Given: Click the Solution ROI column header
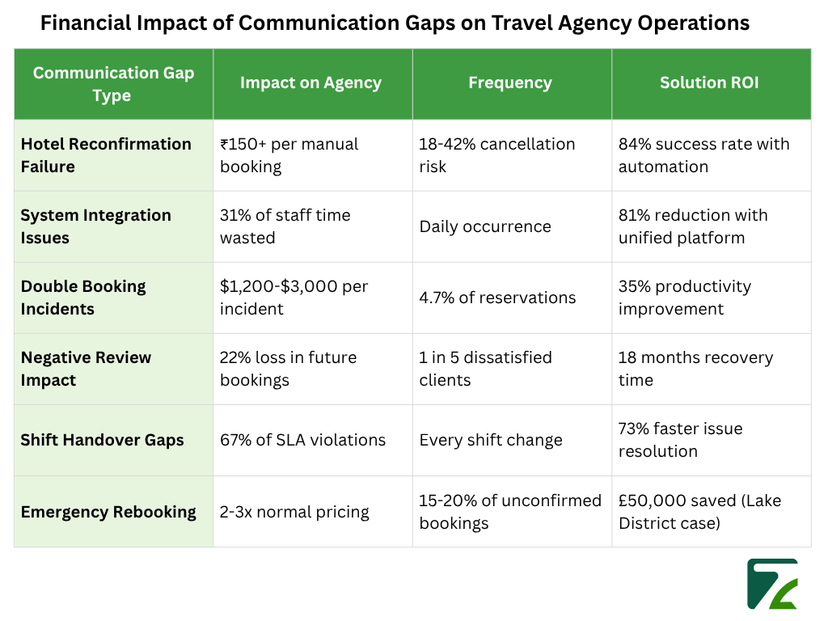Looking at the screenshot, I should [x=710, y=82].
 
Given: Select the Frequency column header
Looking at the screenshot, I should [x=510, y=82].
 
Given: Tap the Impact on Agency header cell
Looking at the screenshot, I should [x=311, y=82].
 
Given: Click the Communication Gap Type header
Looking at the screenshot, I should [x=113, y=84].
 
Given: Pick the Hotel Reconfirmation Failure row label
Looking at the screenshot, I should [x=106, y=155].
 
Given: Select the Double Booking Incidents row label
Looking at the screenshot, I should [x=83, y=298].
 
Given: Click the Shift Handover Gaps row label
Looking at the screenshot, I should [x=102, y=440].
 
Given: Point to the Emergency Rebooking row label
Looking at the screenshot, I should [x=108, y=511].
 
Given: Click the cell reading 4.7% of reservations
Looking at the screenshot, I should [x=497, y=298].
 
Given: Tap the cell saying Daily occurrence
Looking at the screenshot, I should [x=485, y=226].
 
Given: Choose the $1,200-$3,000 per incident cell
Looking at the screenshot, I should [x=294, y=298].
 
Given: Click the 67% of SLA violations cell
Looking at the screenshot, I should [x=302, y=440].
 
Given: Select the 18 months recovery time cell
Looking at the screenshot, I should [x=695, y=369].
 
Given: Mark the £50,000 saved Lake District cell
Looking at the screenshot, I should [x=699, y=511].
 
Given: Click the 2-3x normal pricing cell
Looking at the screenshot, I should [x=294, y=511].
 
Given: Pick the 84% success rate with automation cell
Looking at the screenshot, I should [x=703, y=155].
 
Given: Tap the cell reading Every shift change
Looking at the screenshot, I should [x=490, y=440].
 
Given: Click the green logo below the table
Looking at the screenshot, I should [x=772, y=583].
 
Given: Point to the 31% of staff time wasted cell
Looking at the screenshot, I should [x=285, y=226].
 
